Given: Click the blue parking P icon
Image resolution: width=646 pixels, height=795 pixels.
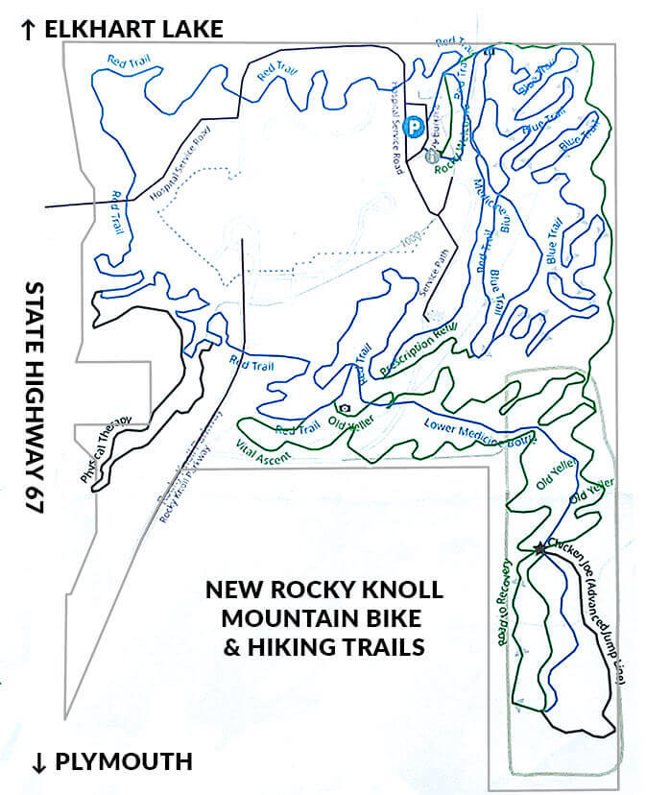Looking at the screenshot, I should [414, 125].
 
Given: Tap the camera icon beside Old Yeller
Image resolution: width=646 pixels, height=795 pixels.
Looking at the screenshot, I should [344, 408].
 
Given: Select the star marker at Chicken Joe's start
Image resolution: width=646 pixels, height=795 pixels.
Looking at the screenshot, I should [540, 548].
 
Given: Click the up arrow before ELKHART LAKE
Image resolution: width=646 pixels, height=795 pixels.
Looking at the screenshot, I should [28, 30].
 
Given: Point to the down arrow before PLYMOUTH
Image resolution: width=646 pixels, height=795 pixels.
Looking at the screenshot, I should [39, 763].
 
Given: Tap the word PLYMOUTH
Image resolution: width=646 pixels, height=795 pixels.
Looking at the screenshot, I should [124, 763].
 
